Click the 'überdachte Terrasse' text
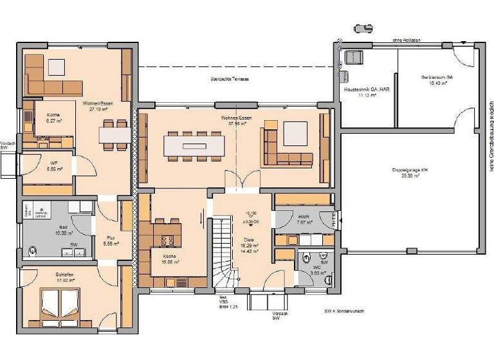coord(224,80)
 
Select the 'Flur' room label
coord(110,240)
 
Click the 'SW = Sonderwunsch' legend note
coord(344,311)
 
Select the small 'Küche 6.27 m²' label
coord(53,117)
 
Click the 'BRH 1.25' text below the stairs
coord(223,305)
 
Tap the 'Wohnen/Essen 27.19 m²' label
coord(95,106)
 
